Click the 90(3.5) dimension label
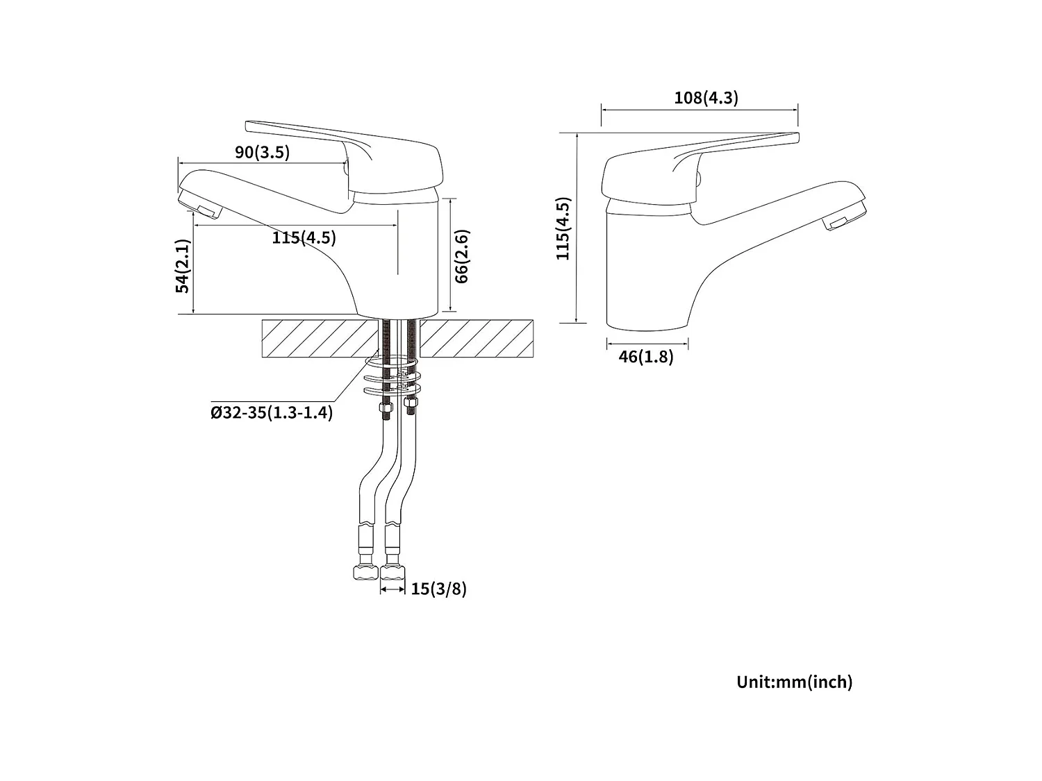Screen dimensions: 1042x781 point(262,152)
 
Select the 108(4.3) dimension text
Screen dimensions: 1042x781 point(706,98)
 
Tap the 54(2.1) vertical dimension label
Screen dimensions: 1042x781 point(183,266)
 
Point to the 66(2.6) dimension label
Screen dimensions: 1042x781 point(462,255)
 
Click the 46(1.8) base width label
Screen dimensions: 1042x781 point(646,357)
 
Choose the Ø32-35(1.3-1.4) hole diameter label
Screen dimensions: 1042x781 point(272,412)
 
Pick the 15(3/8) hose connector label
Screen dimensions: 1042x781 point(438,589)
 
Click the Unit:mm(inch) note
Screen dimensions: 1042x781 point(794,682)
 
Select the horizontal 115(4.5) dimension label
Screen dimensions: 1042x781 point(304,237)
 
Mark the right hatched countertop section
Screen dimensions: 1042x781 point(477,339)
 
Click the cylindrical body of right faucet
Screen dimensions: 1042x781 point(646,271)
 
